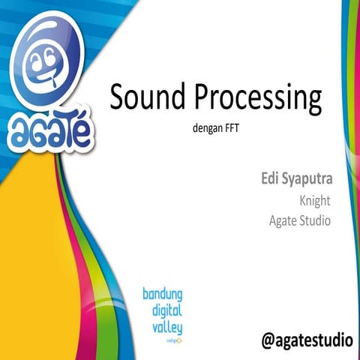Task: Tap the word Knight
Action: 315,201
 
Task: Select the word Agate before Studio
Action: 283,221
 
